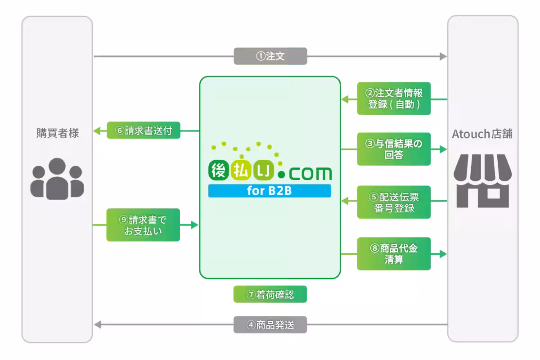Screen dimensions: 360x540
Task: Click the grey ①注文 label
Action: (270, 56)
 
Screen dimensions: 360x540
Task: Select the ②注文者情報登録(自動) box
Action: (394, 98)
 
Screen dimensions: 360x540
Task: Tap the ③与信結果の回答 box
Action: (394, 149)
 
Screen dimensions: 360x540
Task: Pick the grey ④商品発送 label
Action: (270, 324)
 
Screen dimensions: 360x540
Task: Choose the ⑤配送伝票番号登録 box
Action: (394, 202)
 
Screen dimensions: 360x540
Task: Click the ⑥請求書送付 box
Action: (144, 130)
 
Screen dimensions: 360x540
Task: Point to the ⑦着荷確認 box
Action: (270, 294)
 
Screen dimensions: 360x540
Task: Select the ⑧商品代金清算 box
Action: (394, 254)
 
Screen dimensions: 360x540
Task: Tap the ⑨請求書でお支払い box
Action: (143, 225)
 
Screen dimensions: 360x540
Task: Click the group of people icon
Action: (57, 179)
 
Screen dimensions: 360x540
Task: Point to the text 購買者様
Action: (57, 133)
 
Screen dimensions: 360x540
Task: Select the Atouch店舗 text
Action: (482, 134)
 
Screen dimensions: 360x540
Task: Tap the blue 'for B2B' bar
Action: (270, 191)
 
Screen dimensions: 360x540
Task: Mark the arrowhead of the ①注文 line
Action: (443, 56)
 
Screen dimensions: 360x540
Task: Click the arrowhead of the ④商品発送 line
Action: (97, 324)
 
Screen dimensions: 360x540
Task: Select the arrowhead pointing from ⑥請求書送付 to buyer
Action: (96, 131)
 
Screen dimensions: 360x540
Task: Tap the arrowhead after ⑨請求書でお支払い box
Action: (195, 225)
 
